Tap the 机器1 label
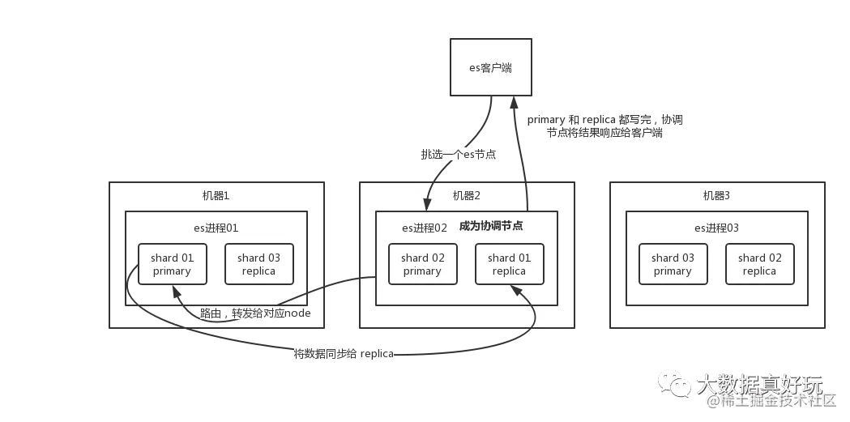pos(216,196)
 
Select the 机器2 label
pos(467,196)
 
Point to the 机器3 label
pos(716,196)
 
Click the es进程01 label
pos(216,228)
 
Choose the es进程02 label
pos(425,228)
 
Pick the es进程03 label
pos(716,228)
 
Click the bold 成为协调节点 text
pos(491,226)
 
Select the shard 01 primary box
pos(172,264)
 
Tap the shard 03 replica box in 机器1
pos(258,264)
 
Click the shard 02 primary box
pos(422,264)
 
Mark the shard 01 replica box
pos(509,264)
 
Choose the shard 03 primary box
pos(673,264)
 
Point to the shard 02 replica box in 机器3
pos(759,264)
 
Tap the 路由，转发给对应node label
pos(255,313)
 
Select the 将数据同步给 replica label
pos(344,354)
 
